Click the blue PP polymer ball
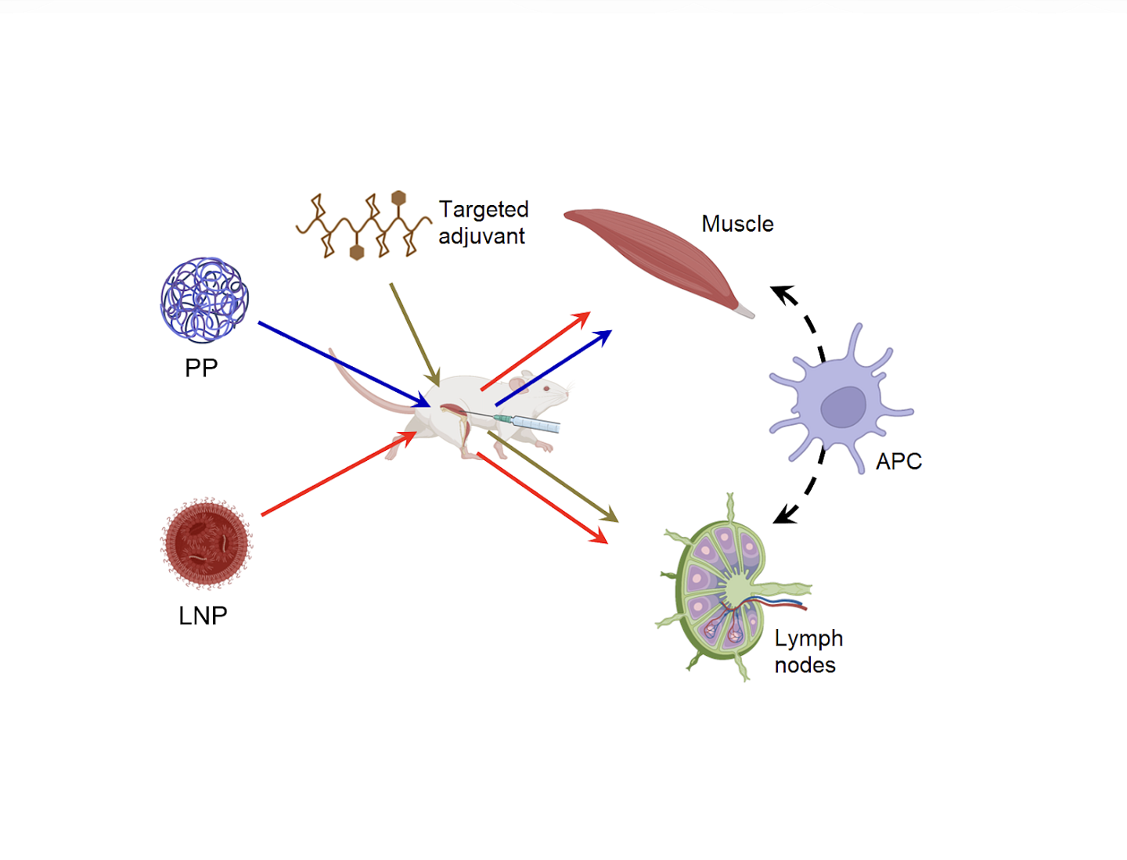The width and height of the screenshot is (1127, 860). tap(204, 300)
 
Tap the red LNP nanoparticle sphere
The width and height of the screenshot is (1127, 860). tap(206, 543)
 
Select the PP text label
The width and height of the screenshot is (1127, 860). tap(201, 368)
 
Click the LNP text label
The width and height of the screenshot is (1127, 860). tap(203, 616)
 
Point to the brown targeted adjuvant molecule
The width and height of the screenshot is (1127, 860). tap(362, 226)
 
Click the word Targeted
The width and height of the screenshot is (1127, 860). tap(484, 210)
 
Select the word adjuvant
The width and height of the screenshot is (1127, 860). tap(481, 236)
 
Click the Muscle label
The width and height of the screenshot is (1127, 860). tap(737, 224)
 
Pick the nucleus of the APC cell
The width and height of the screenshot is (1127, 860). tap(843, 407)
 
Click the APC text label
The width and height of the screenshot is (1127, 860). tap(898, 462)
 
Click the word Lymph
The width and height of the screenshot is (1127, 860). tap(808, 639)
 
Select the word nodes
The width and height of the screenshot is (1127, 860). tap(805, 665)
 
